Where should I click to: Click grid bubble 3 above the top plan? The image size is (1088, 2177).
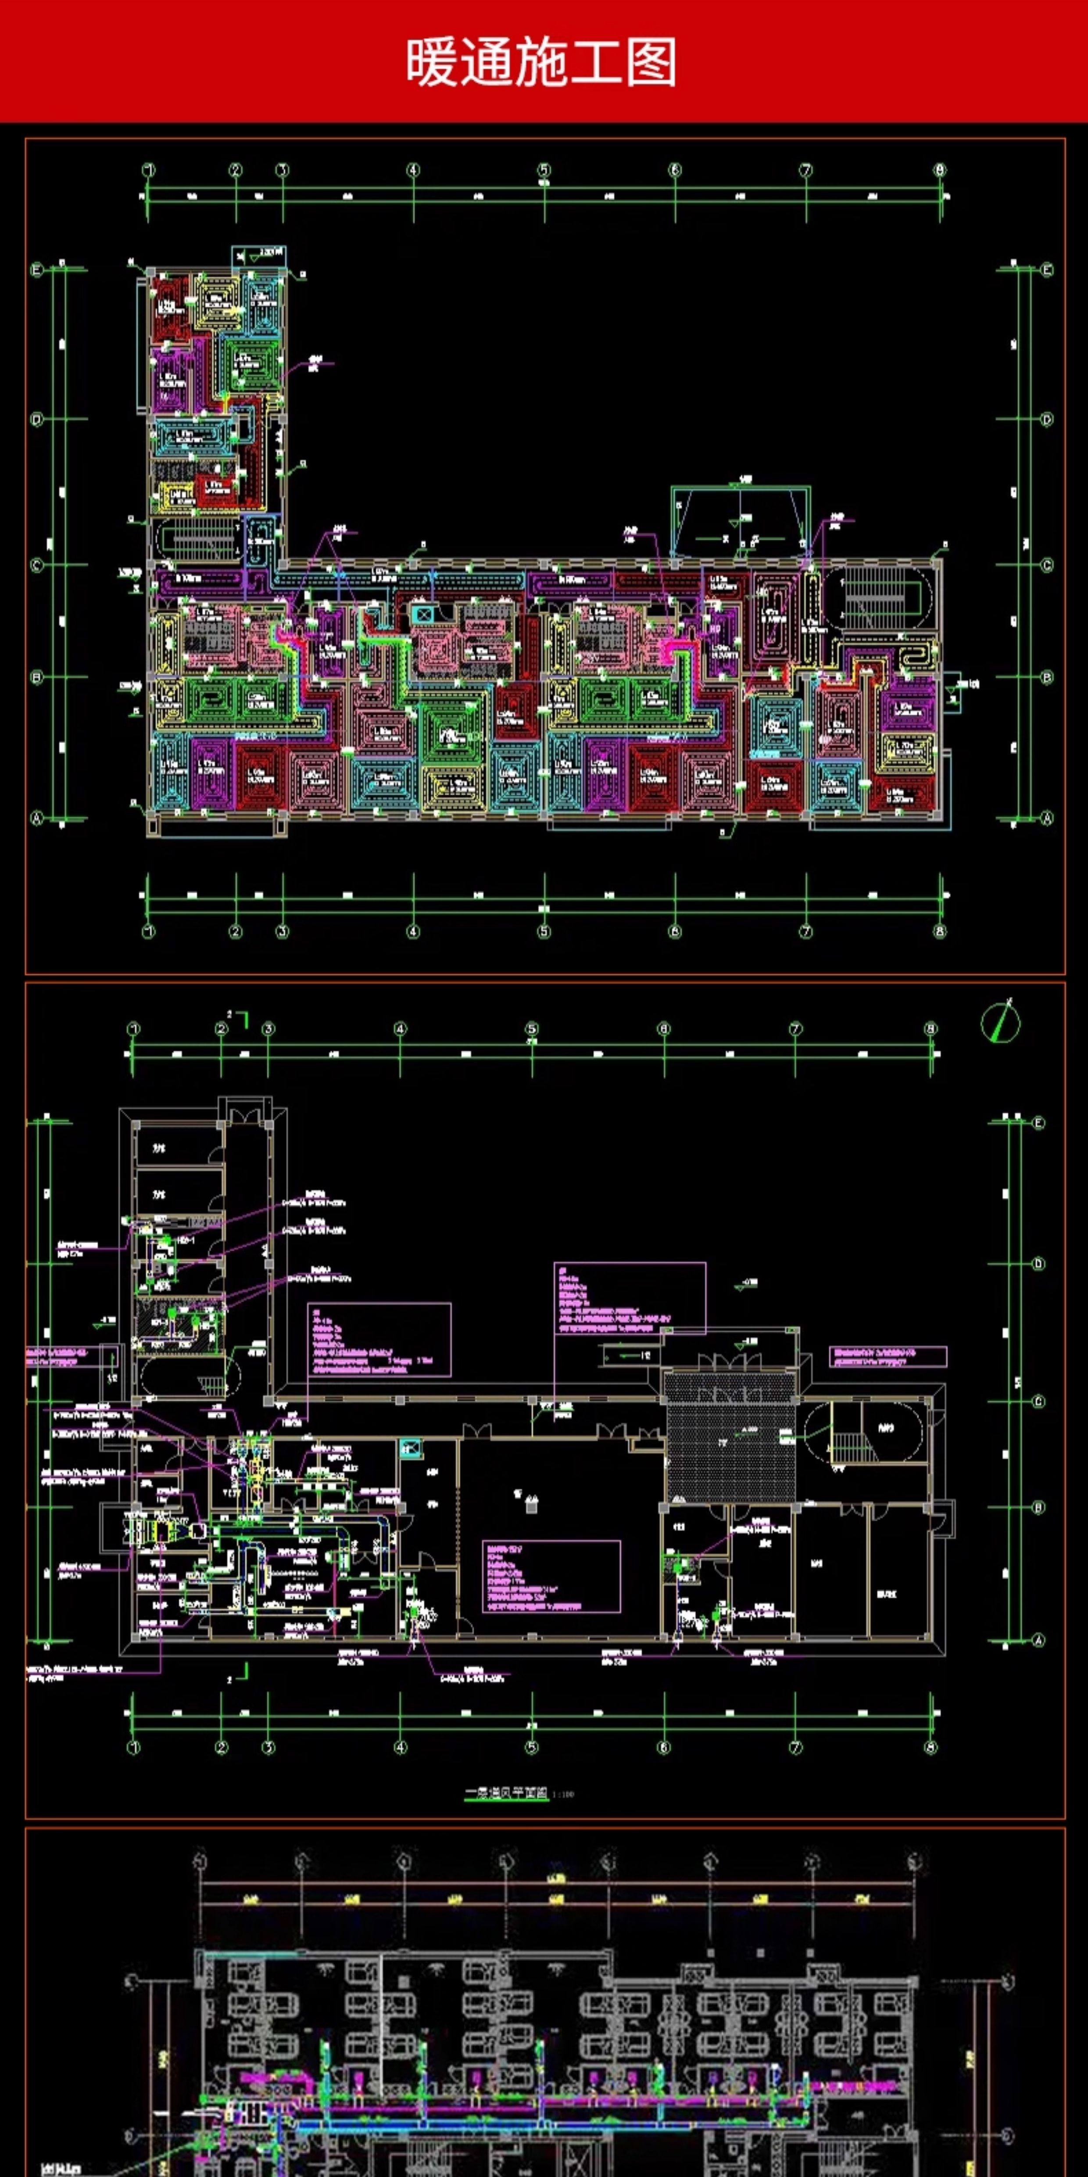pos(282,170)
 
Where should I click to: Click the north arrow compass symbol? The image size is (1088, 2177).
pos(1001,1022)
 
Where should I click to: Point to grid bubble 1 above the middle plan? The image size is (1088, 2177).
pos(133,1028)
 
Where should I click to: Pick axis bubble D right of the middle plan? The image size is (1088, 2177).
pos(1038,1264)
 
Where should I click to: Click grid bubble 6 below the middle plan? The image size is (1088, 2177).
pos(664,1747)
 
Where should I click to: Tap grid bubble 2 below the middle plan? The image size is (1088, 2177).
pos(221,1747)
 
